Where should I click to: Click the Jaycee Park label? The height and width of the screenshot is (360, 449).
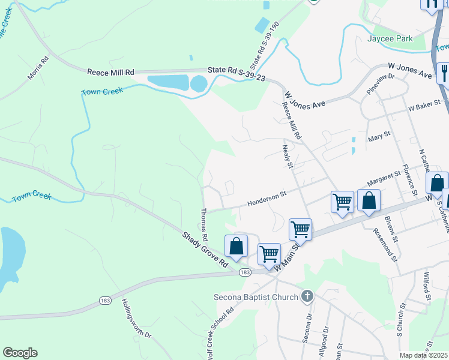click(390, 38)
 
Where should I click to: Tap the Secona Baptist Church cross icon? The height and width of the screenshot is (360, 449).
click(307, 296)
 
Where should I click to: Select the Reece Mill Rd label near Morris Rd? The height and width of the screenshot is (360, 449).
click(110, 72)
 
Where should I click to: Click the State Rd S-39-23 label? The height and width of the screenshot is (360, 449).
click(237, 73)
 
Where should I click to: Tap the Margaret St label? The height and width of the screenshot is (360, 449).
click(384, 178)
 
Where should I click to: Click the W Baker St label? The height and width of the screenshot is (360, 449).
click(424, 106)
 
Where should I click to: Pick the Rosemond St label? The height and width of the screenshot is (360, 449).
click(385, 244)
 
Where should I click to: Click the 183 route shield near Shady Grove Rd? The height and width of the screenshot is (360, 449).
click(244, 272)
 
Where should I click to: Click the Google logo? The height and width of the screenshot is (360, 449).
click(20, 353)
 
